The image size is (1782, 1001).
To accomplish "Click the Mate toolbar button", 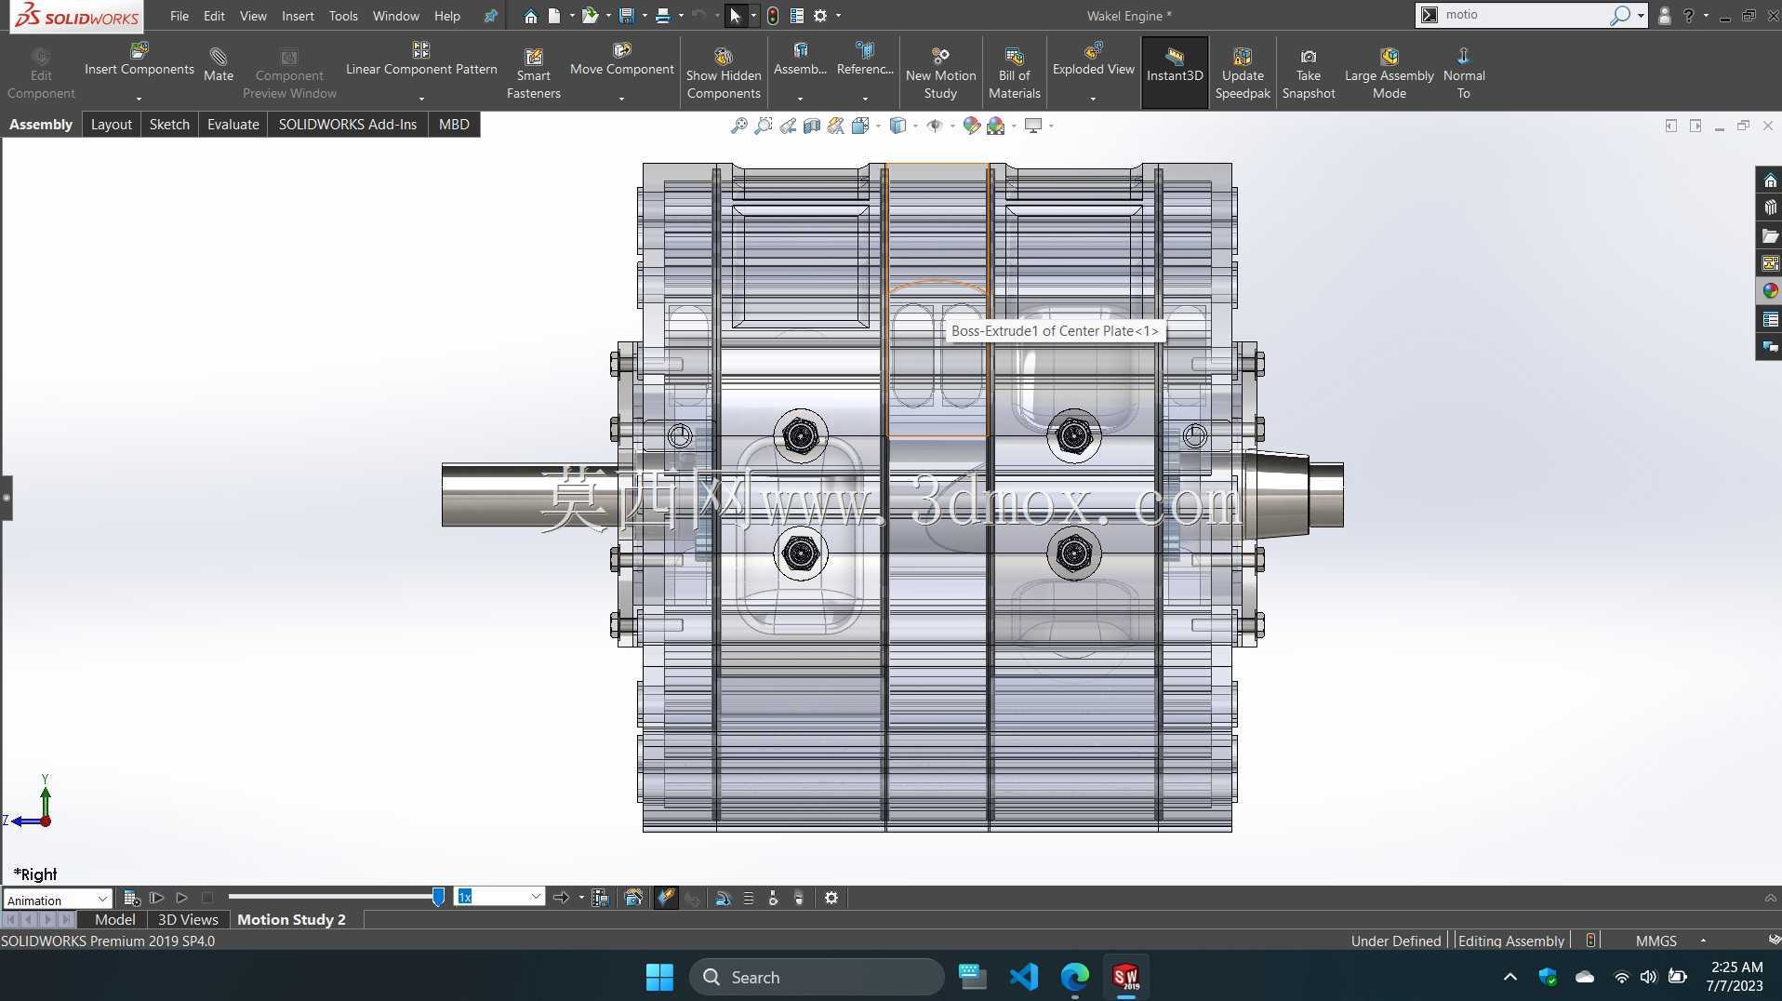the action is click(219, 65).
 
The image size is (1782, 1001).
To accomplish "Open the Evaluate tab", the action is click(233, 125).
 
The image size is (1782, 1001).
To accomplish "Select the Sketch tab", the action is click(169, 125).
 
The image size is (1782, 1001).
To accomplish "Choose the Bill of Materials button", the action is click(1014, 73).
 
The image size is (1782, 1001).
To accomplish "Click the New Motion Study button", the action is click(940, 73).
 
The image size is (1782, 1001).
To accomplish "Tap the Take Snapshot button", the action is click(1308, 73).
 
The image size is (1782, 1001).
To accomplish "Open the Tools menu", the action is click(343, 16).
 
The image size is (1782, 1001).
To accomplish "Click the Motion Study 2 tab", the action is click(291, 919).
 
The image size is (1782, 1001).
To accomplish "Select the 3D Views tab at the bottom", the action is click(188, 919).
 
